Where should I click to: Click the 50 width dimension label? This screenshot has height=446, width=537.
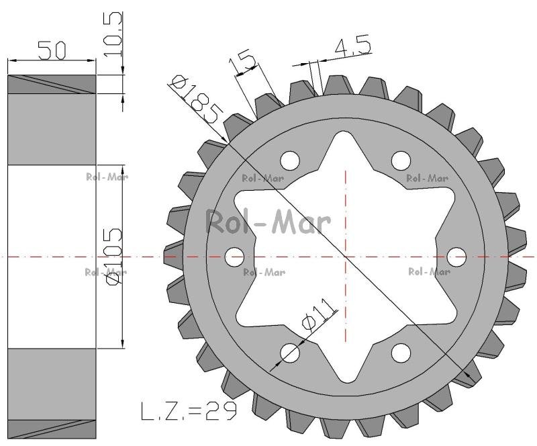52,50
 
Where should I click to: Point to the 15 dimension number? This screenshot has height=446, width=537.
242,61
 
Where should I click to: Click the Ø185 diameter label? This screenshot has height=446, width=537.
196,98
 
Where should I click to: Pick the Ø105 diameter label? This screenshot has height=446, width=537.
113,256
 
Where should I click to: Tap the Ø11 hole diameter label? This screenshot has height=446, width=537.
318,314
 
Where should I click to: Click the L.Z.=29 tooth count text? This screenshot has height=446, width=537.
189,411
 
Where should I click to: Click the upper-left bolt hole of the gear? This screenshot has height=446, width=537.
290,160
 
